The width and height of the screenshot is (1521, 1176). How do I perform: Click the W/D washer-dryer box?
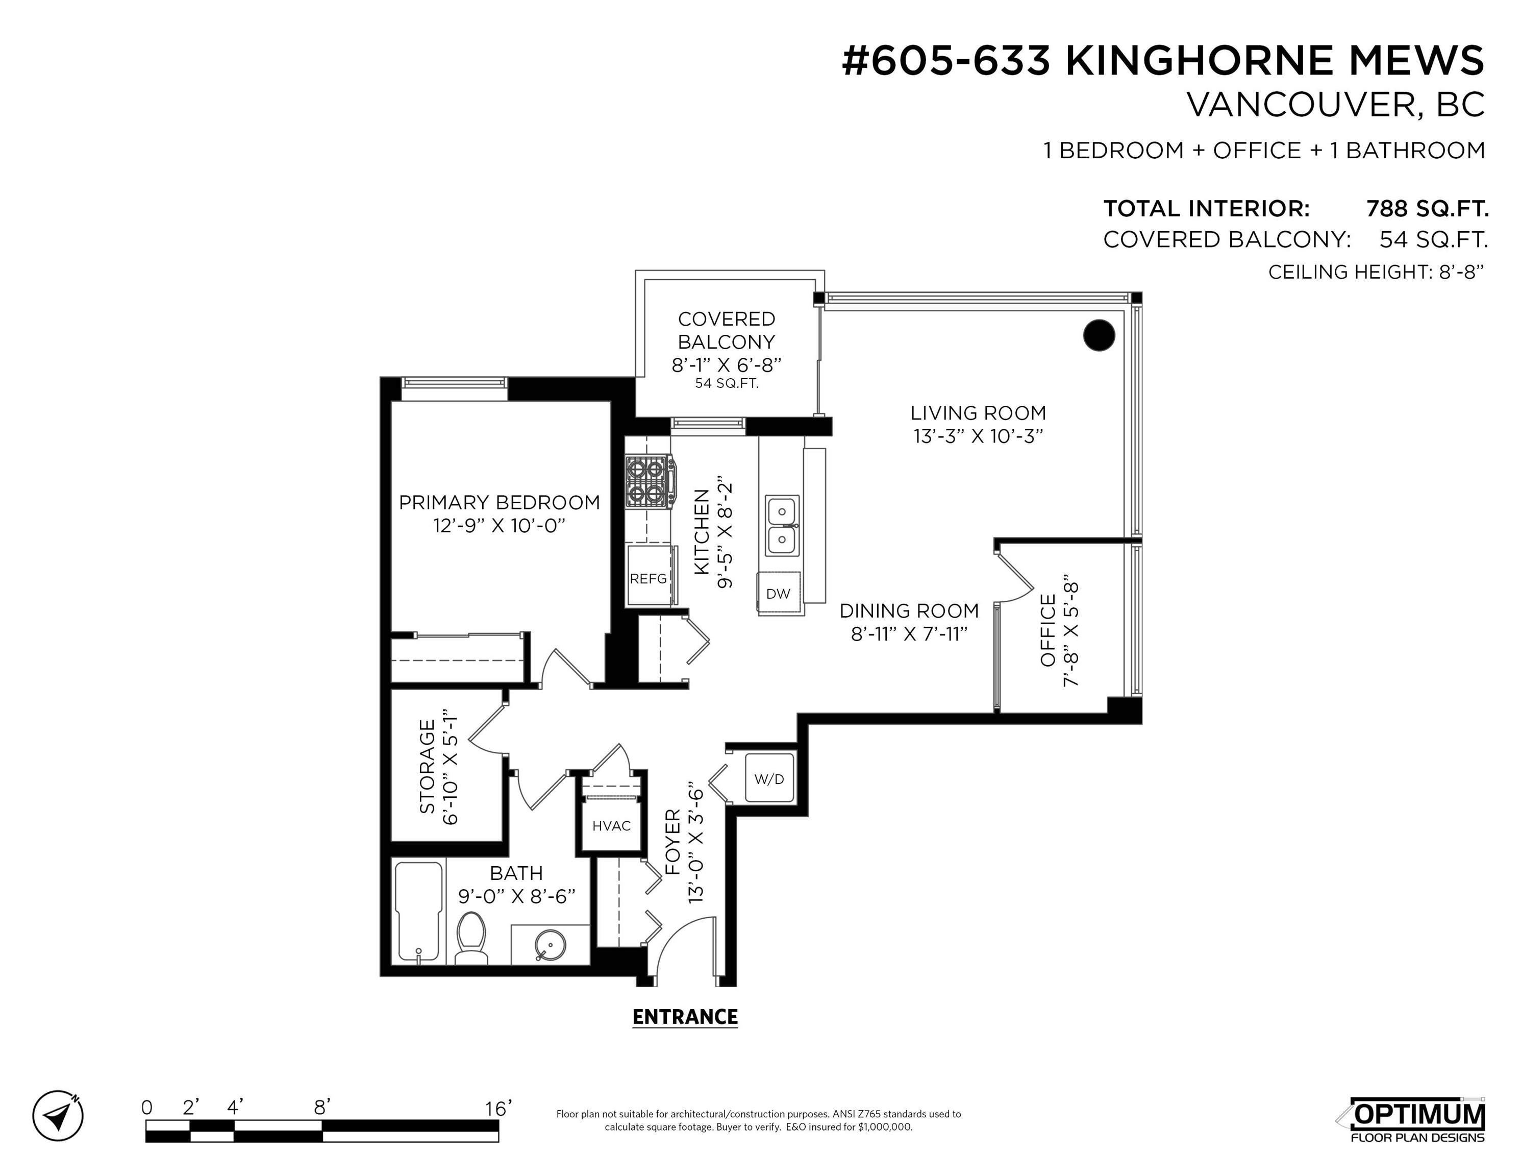point(769,778)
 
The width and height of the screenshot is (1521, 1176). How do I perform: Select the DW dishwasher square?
point(779,594)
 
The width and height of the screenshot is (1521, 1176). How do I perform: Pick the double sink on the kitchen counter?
point(782,525)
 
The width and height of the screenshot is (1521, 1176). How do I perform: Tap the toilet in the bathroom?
point(471,939)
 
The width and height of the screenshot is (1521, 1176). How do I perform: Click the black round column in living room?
point(1099,335)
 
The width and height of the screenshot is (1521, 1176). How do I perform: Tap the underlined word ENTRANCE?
point(685,1018)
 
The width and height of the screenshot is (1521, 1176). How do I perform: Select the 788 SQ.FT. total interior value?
point(1427,208)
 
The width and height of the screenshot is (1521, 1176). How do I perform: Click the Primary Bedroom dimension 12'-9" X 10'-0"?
point(498,525)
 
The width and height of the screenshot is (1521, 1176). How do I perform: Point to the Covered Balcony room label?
point(727,330)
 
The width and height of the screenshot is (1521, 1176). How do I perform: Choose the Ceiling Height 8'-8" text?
point(1376,272)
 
